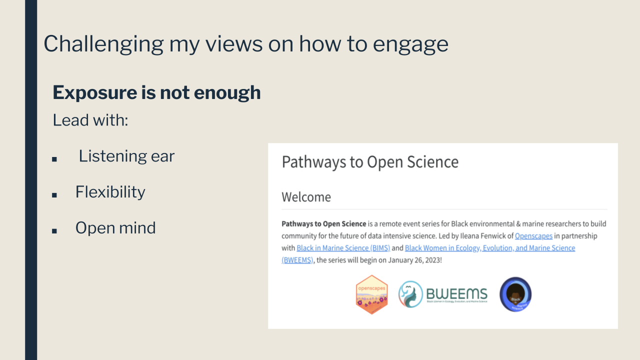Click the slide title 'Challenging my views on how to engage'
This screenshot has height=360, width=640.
(245, 44)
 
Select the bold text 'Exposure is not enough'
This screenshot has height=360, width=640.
(156, 92)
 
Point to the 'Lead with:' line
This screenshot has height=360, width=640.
(90, 120)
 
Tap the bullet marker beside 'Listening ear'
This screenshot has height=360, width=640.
(54, 159)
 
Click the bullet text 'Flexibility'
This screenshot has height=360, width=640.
(110, 192)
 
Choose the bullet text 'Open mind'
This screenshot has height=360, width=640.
(115, 228)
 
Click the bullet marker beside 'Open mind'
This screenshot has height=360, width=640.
(54, 230)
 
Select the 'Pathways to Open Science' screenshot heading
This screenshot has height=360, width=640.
(370, 162)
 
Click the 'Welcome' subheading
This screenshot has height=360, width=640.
(306, 197)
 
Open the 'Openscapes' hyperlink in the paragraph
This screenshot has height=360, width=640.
(533, 236)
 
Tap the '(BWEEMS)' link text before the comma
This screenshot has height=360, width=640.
(297, 260)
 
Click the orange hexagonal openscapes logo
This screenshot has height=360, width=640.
(371, 294)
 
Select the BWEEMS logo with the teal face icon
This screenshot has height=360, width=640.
(442, 294)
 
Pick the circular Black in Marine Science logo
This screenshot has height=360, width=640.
(515, 294)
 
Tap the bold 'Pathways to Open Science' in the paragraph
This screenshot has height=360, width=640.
(323, 224)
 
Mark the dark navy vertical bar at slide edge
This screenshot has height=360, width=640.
(31, 180)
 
